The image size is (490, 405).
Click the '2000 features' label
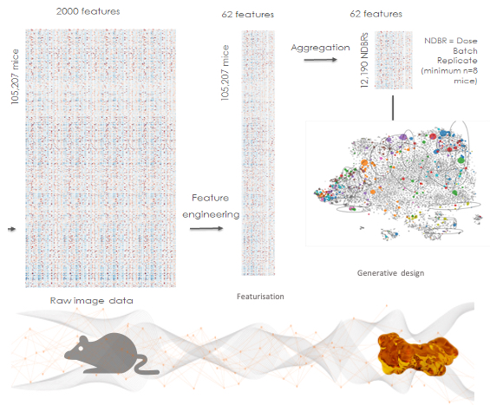[88, 11]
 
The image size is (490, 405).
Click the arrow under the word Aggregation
[320, 59]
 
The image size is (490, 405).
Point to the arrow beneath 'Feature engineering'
[206, 228]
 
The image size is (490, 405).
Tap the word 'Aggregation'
[320, 48]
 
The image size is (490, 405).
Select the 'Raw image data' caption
[92, 301]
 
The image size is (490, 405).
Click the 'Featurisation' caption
[260, 297]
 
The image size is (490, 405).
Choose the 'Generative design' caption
[390, 273]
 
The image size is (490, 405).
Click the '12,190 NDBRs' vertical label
[364, 60]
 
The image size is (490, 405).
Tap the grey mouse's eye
[81, 348]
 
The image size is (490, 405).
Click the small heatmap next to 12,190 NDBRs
[394, 60]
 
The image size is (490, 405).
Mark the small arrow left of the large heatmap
[11, 229]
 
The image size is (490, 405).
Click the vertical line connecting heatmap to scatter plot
[393, 108]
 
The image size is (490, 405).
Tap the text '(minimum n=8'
[449, 70]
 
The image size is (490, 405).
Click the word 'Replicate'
[457, 61]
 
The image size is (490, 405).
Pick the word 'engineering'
[211, 215]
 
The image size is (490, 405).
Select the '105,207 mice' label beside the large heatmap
[15, 76]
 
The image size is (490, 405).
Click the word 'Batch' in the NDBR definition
[466, 50]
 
